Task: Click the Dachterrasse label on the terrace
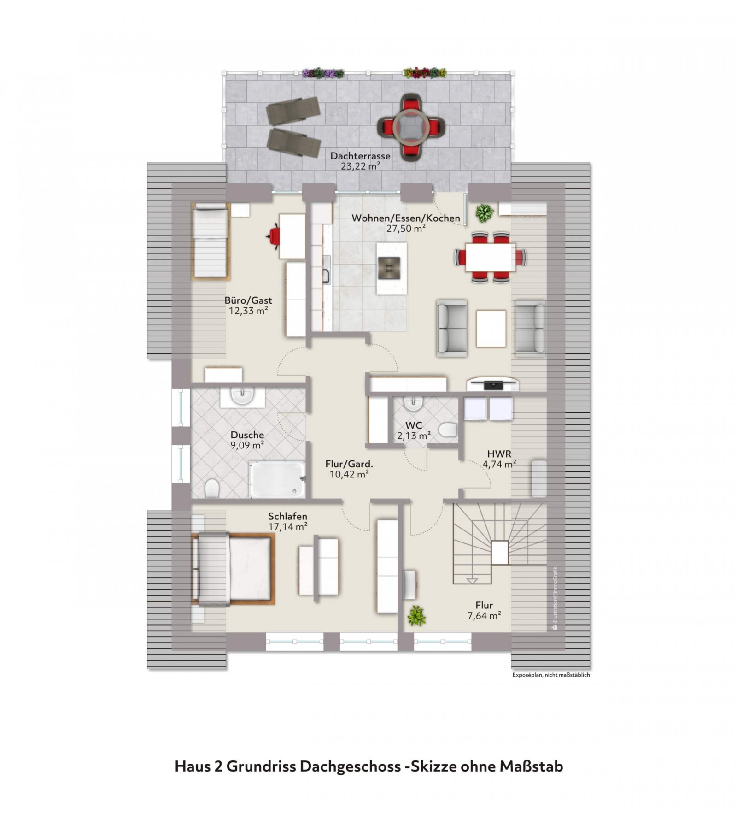(360, 156)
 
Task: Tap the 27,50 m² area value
(405, 228)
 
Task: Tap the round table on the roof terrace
(410, 126)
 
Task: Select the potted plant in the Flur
(416, 616)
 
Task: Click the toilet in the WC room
(447, 430)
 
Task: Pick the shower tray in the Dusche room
(277, 479)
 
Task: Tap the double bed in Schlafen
(233, 568)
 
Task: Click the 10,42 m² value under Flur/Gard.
(349, 474)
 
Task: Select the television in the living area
(492, 384)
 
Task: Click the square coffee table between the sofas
(491, 328)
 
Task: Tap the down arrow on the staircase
(472, 581)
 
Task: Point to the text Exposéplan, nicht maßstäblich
(551, 675)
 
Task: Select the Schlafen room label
(287, 516)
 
